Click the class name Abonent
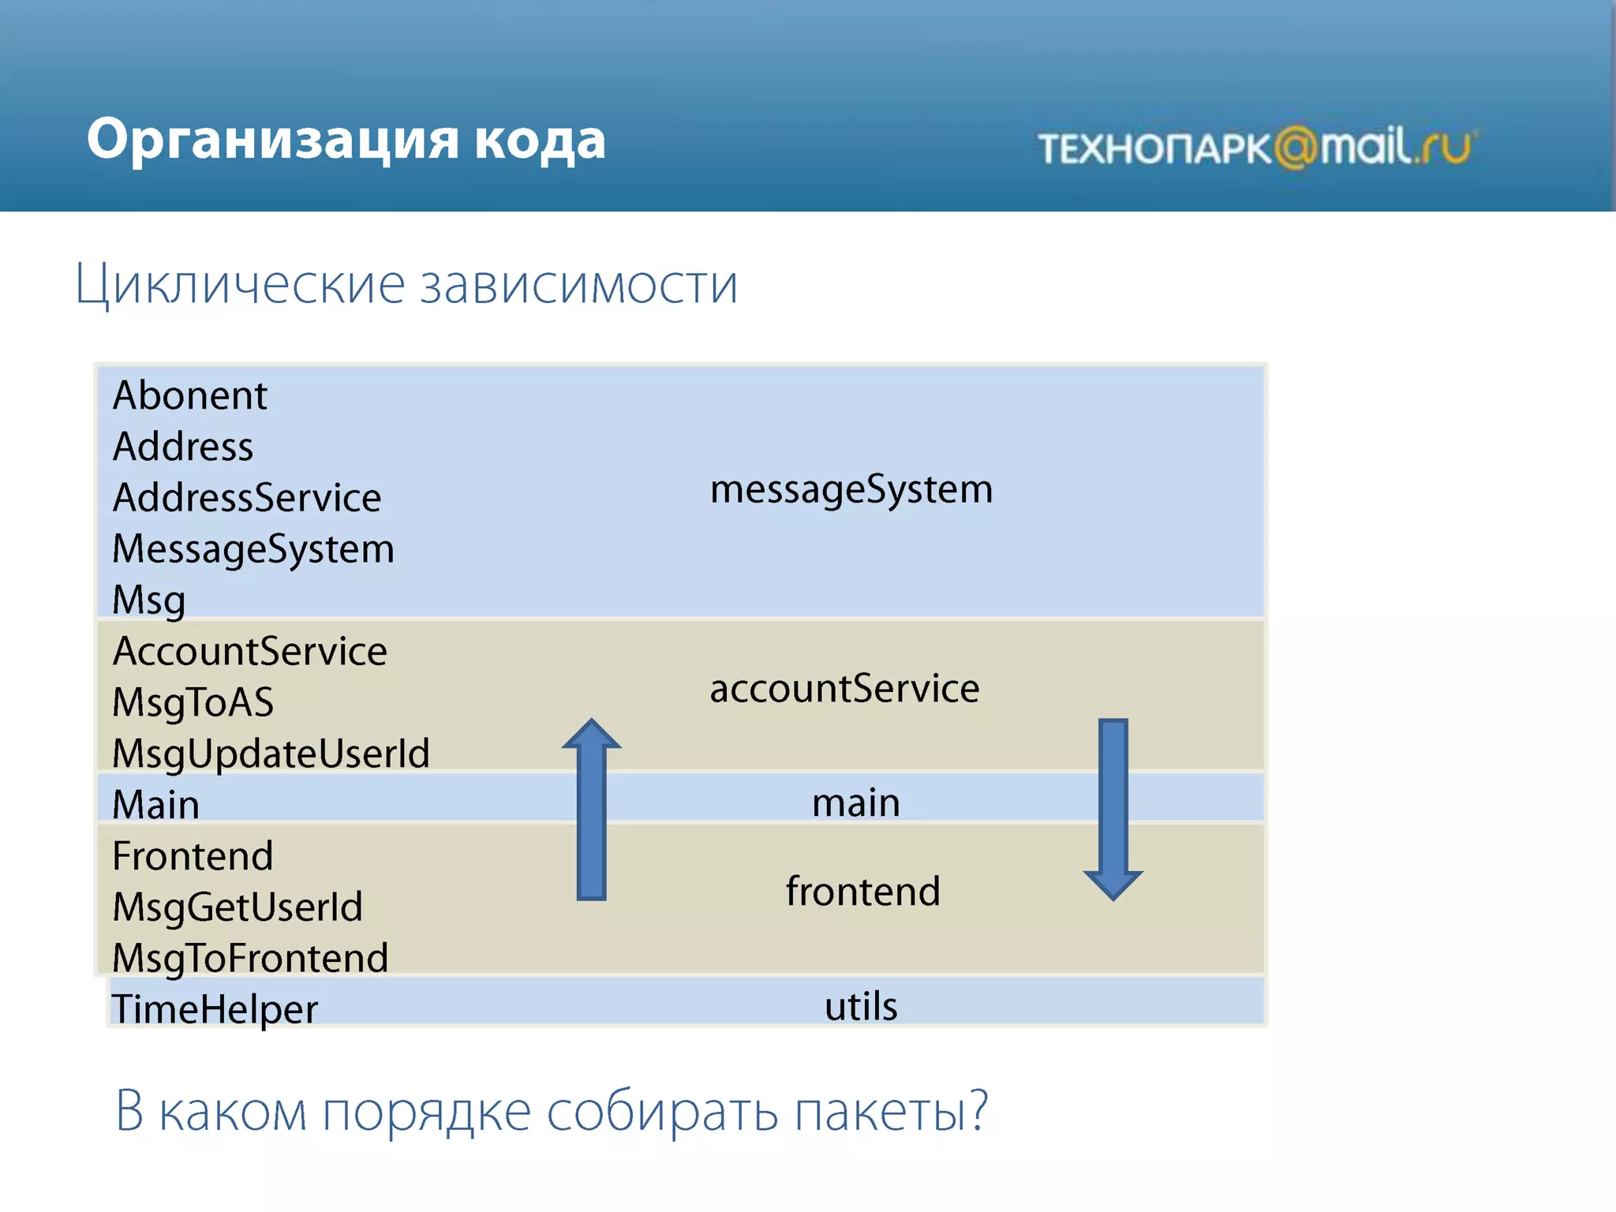[190, 395]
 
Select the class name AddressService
[247, 498]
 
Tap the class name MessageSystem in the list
[253, 549]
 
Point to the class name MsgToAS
[193, 702]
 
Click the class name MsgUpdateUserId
[271, 754]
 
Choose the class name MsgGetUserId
[238, 907]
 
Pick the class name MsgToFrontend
[250, 958]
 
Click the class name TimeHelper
[215, 1009]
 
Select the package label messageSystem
[851, 490]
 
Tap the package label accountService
[844, 688]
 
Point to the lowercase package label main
[856, 803]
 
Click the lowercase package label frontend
[862, 892]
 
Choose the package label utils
[861, 1007]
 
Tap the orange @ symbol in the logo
[1296, 148]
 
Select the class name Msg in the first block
[149, 600]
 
